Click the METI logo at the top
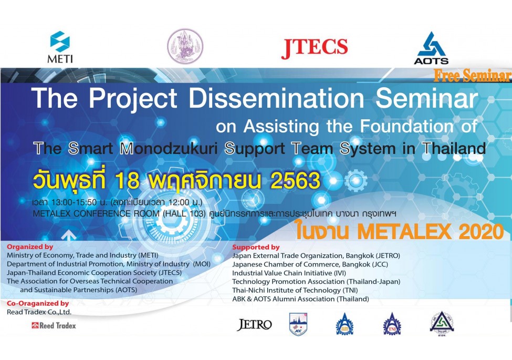60,47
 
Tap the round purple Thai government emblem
185,46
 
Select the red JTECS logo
315,48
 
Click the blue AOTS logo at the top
431,48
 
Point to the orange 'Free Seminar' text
472,76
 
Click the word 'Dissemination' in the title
276,98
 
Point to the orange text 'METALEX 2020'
431,232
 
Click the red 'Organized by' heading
30,247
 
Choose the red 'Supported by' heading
256,248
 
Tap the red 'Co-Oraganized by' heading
38,303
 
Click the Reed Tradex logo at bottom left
54,325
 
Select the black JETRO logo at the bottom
254,325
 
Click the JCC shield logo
298,324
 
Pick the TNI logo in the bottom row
392,324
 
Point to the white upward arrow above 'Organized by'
69,236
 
